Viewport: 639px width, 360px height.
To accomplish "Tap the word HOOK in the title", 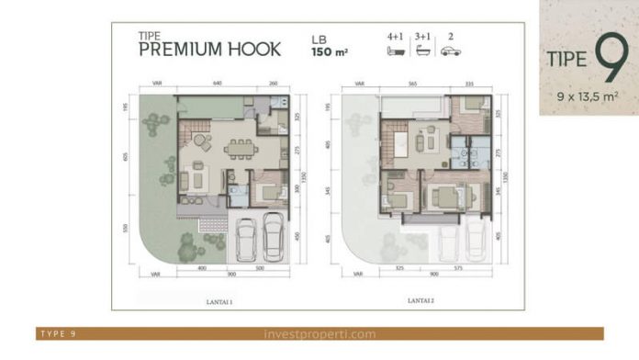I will click(x=251, y=51).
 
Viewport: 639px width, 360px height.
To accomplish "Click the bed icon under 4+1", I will click(x=396, y=51).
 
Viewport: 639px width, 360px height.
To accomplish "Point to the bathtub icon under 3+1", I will click(x=423, y=51).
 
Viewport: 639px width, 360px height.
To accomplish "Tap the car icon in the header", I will click(x=450, y=51).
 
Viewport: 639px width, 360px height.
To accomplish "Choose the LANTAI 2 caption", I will click(x=421, y=298).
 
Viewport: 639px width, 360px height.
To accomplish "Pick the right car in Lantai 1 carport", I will click(x=273, y=238).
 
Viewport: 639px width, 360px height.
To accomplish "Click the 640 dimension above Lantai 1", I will click(x=218, y=84).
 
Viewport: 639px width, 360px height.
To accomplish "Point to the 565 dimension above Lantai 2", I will click(x=413, y=84).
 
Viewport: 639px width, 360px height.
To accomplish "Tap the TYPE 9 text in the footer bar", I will click(x=58, y=334).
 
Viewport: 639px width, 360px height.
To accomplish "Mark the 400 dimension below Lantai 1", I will click(x=200, y=269).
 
